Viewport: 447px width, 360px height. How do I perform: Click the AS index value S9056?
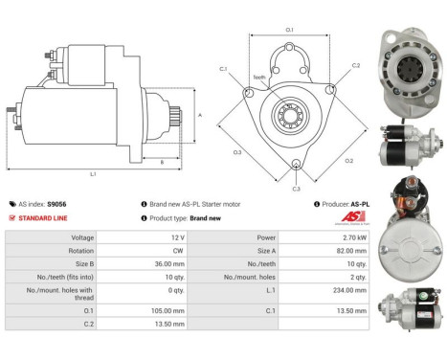tap(57, 204)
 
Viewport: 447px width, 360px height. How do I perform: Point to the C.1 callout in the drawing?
tap(223, 69)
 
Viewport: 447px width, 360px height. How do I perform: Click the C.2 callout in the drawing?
tap(355, 66)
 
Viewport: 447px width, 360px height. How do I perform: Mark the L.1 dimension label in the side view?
tap(92, 173)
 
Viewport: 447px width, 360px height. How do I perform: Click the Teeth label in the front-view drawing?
tap(259, 79)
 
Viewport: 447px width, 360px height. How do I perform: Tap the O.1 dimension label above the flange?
tap(290, 30)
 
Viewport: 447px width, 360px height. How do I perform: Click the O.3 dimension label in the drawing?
tap(236, 152)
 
